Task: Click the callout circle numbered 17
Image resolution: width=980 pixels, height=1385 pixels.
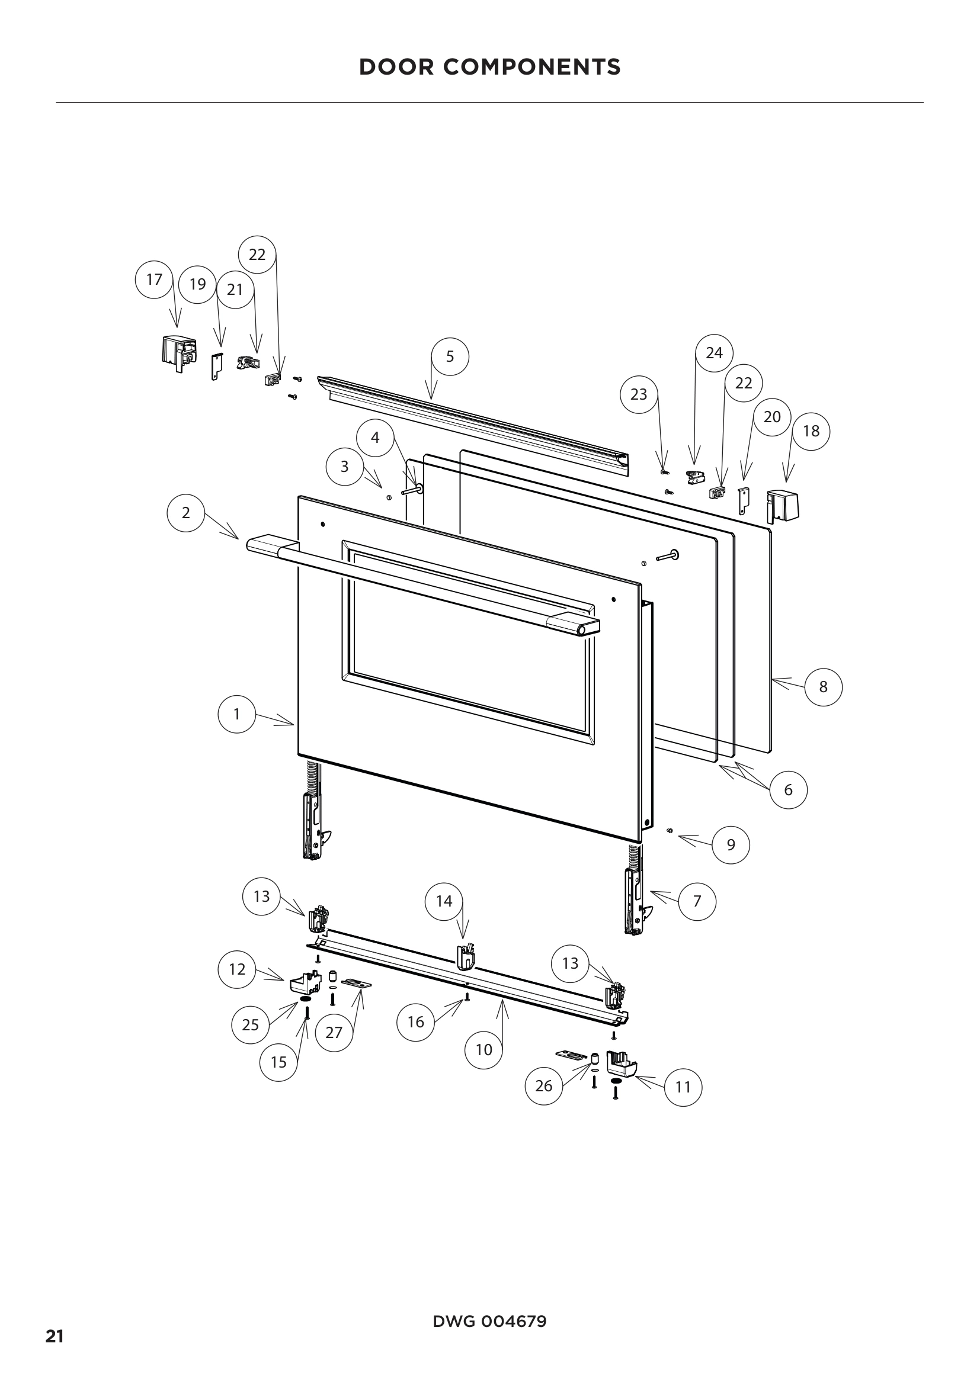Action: (155, 279)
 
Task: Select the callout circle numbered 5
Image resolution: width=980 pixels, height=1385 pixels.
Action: (450, 356)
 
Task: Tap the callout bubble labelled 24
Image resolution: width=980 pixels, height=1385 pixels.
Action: (714, 353)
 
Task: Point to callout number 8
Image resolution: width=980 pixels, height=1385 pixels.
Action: (823, 686)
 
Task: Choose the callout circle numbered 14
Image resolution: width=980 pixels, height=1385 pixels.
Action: (444, 901)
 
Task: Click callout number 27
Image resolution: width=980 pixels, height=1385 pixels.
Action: (334, 1032)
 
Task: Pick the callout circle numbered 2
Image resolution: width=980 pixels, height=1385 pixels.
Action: (186, 513)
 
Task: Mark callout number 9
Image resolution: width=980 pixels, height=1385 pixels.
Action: (731, 844)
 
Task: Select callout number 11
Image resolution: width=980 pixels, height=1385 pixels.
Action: (683, 1087)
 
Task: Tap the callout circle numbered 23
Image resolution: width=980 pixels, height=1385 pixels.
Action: (639, 394)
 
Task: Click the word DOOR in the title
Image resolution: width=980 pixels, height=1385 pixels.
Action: (396, 67)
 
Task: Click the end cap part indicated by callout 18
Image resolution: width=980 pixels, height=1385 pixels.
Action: (782, 506)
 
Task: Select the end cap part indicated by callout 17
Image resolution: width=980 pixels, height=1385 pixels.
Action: (178, 351)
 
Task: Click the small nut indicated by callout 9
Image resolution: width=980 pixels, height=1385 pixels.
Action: (670, 831)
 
